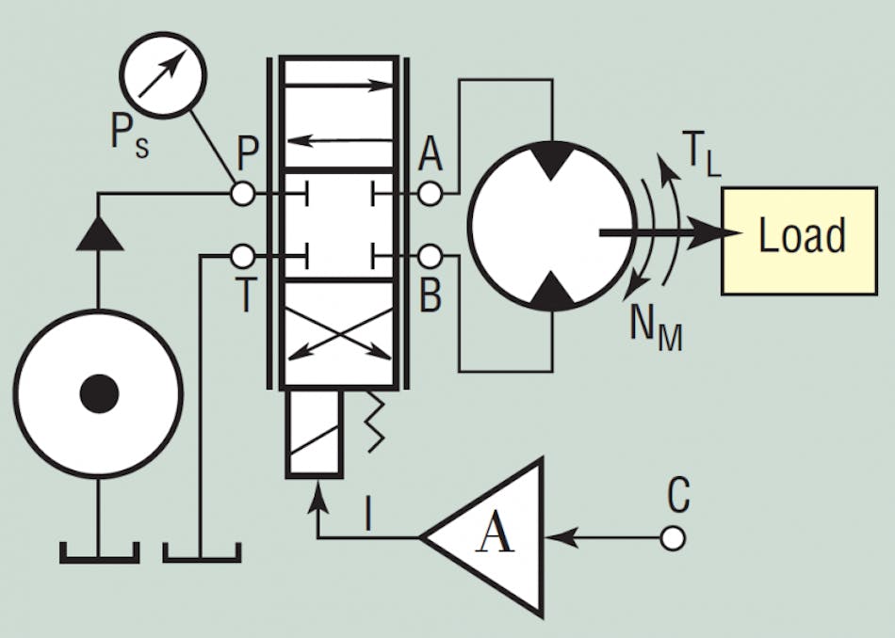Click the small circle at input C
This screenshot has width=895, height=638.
673,538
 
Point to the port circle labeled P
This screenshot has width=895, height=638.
243,194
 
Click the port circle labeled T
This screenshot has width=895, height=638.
243,255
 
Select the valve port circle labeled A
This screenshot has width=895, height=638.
430,194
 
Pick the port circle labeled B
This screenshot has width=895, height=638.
430,255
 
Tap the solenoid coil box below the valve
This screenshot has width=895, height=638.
314,434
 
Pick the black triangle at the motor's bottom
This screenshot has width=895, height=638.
550,295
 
